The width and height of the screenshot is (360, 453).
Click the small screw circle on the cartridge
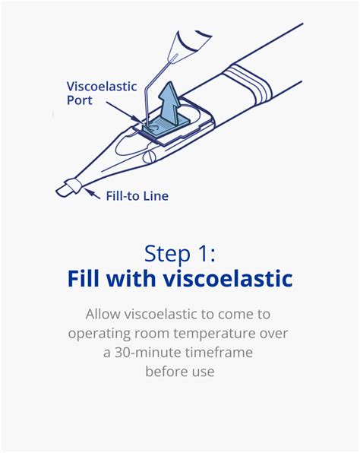click(x=150, y=157)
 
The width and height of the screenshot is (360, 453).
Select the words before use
click(x=179, y=371)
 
